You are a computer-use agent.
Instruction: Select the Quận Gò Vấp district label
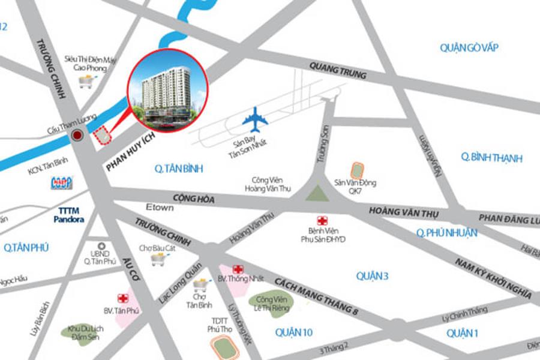coord(469,48)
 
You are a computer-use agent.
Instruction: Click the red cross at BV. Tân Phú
coord(123,298)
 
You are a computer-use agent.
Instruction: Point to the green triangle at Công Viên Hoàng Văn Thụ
coord(314,193)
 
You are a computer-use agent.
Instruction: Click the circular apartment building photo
coord(167,89)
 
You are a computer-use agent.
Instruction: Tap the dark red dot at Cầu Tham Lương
coord(77,136)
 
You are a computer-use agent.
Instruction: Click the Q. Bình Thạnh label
coord(491,158)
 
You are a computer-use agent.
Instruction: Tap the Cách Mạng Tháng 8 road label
coord(316,297)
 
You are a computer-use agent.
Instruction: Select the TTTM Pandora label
coord(71,215)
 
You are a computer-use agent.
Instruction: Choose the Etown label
coord(159,208)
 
